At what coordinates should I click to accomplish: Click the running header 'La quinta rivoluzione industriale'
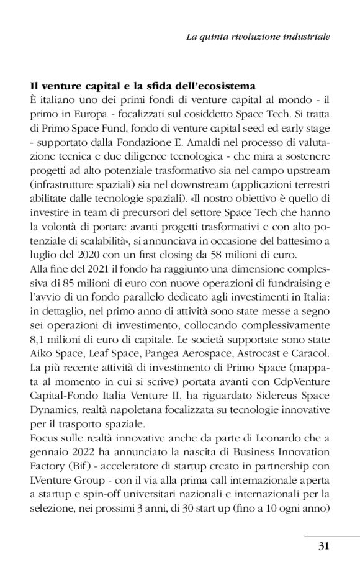pyautogui.click(x=258, y=37)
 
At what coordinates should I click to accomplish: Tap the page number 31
pyautogui.click(x=323, y=546)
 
